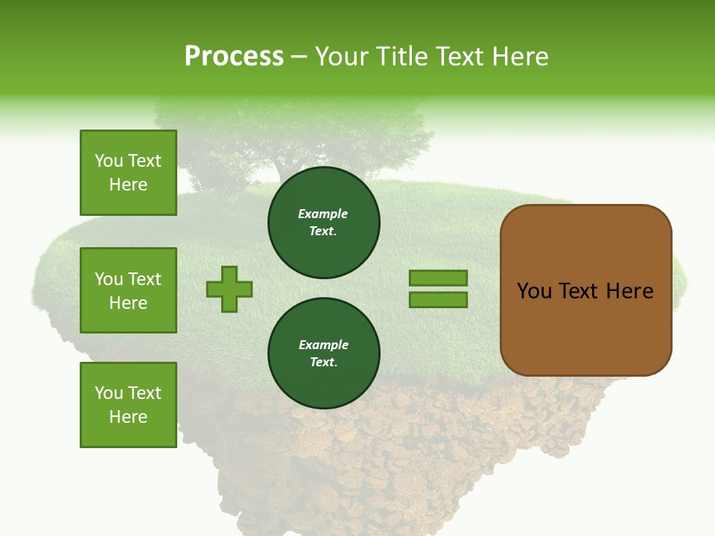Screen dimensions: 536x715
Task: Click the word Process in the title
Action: tap(234, 57)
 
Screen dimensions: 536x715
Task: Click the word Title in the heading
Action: tap(401, 57)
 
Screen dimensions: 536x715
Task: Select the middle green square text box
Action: tap(128, 290)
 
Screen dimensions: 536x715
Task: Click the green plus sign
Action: tap(229, 289)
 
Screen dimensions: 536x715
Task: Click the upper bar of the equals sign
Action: tap(438, 278)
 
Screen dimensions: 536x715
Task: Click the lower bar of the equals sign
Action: tap(438, 300)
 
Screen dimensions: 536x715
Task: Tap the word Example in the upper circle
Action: tap(322, 214)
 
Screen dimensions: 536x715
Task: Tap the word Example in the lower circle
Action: tap(323, 345)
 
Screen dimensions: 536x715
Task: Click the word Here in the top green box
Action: tap(128, 185)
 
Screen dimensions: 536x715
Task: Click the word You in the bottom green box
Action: tap(109, 392)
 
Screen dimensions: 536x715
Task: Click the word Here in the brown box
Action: tap(629, 290)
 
